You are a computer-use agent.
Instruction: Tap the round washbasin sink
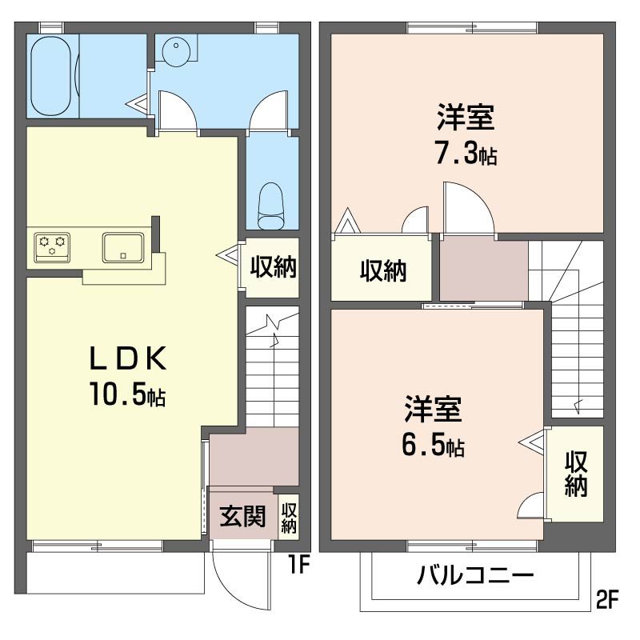175,51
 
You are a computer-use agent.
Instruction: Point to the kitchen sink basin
122,247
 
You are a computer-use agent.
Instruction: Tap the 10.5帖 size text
128,395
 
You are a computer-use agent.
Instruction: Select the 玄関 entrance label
242,517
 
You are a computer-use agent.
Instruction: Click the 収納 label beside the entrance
289,517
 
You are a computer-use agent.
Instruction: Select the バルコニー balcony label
475,575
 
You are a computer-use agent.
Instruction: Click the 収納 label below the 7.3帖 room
382,272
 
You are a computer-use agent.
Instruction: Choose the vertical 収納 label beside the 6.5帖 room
576,474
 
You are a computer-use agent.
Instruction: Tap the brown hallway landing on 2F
483,269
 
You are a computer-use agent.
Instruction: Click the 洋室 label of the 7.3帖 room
465,118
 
